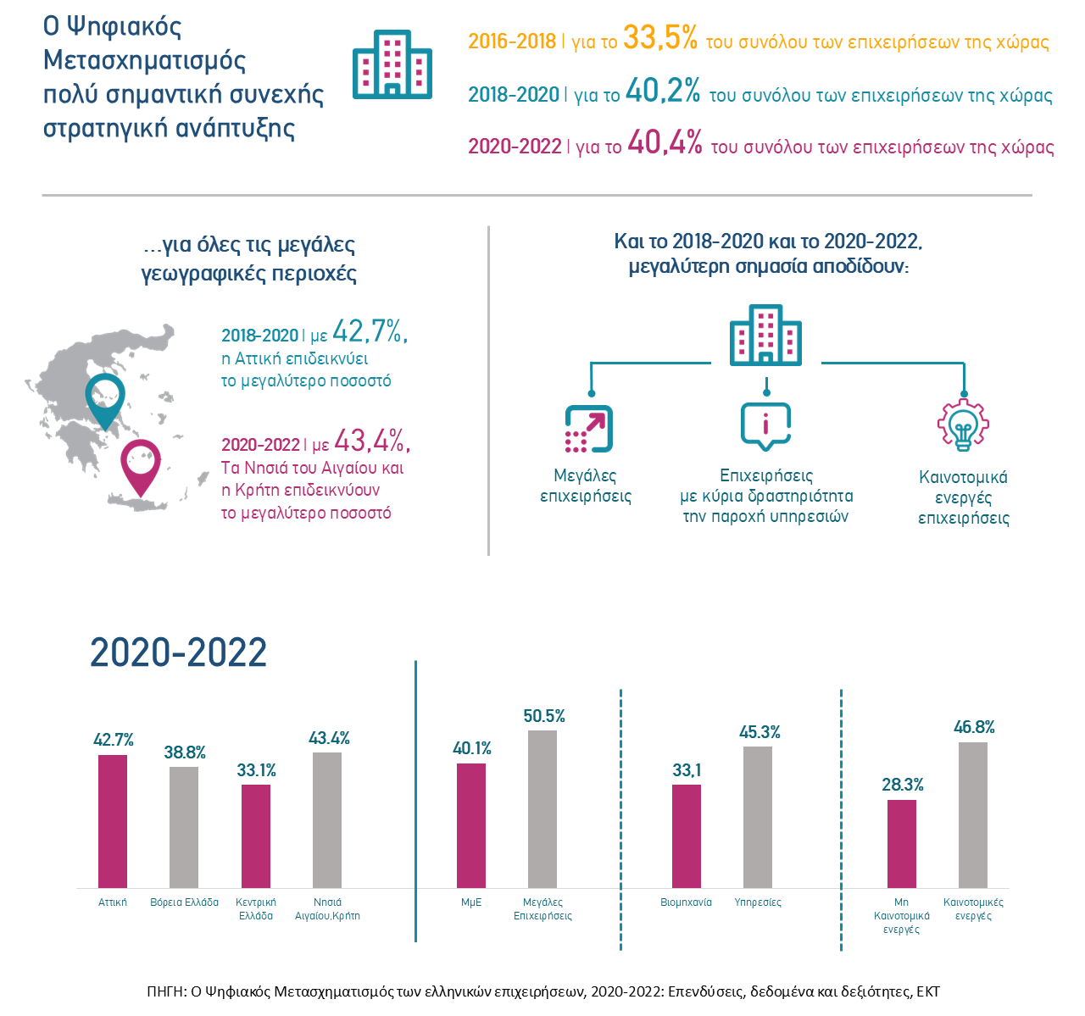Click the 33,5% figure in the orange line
[x=659, y=39]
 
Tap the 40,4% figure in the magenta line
[x=665, y=144]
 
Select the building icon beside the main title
[x=392, y=64]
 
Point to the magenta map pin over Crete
[x=141, y=466]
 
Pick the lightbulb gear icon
[x=963, y=425]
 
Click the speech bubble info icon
[x=765, y=425]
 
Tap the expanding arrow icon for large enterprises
[x=589, y=429]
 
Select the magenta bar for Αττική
[x=113, y=821]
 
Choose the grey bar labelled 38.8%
[x=184, y=827]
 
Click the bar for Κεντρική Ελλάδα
[x=256, y=836]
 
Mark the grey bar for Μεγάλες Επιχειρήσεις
[x=542, y=809]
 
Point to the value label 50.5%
[x=544, y=717]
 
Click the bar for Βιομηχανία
[x=687, y=836]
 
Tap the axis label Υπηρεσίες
[x=758, y=902]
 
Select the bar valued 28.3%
[x=902, y=844]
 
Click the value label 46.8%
[x=974, y=728]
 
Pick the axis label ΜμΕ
[x=471, y=902]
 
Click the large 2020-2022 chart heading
[x=179, y=652]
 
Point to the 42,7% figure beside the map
[x=370, y=331]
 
